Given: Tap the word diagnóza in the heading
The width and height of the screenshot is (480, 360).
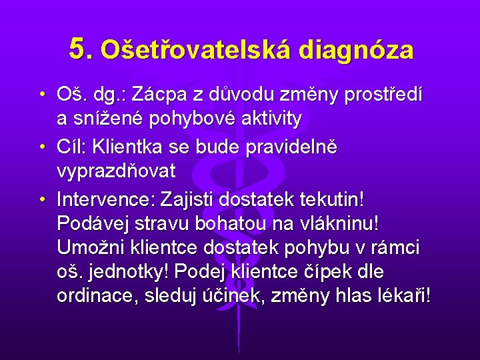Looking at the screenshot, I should [357, 50].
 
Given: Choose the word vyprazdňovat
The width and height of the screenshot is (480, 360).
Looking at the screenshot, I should [117, 171].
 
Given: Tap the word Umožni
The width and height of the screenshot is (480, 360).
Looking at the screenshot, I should [87, 247].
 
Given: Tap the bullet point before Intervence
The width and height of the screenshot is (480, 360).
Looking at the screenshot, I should [42, 199].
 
